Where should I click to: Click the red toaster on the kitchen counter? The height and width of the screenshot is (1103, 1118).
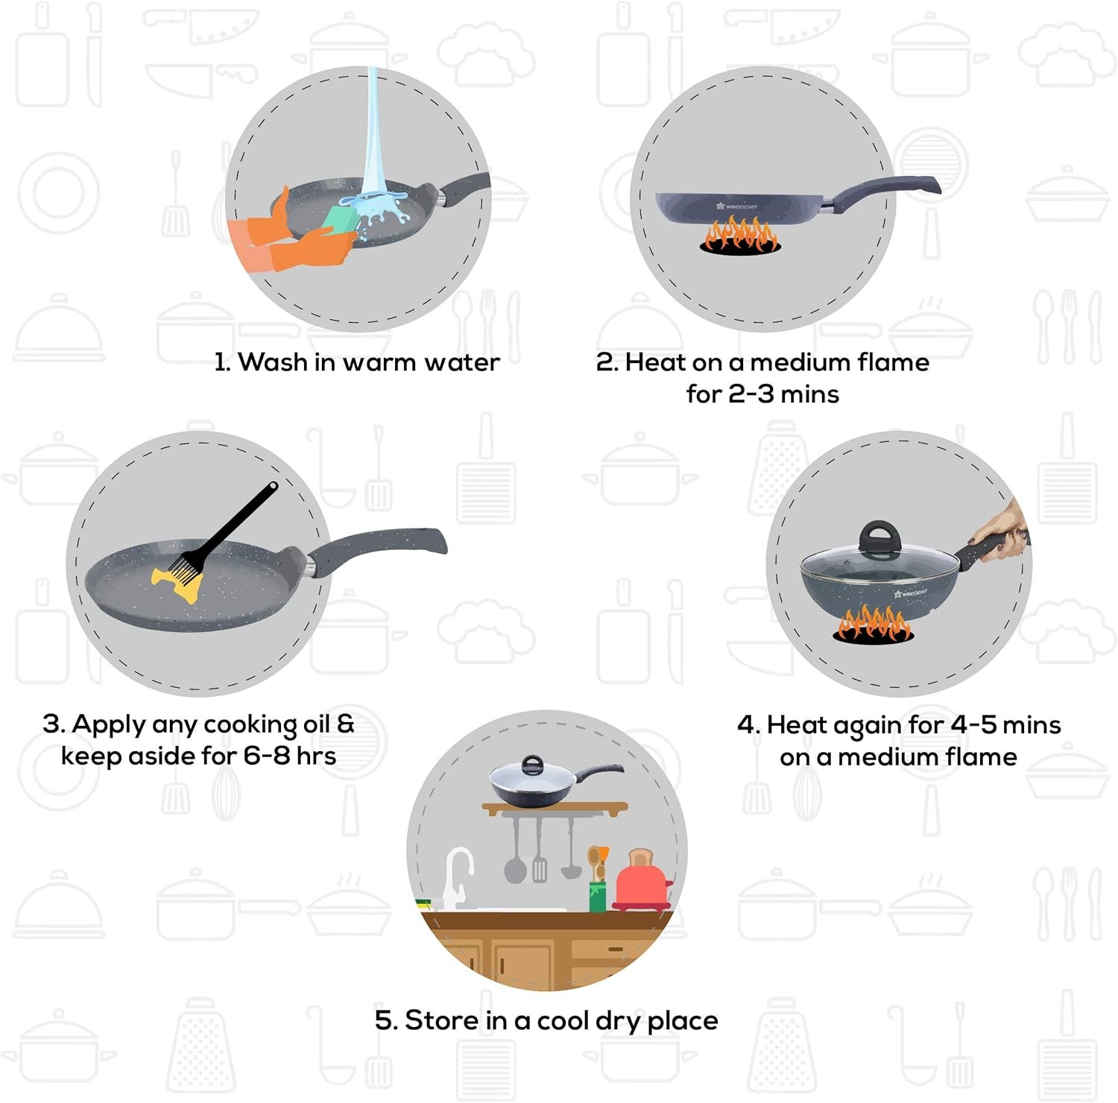click(642, 879)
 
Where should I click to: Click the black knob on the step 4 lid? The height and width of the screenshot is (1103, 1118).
click(880, 538)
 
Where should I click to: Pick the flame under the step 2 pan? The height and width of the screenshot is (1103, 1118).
click(740, 236)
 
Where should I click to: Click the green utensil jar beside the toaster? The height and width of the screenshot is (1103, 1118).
click(598, 897)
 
